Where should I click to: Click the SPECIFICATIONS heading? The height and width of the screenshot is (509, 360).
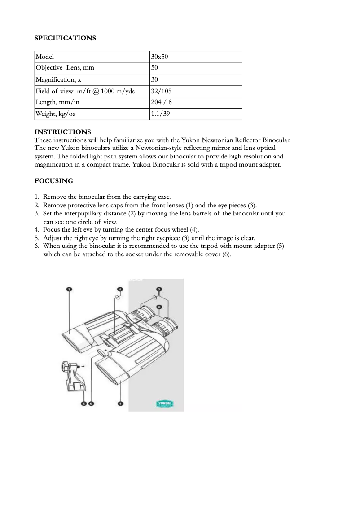click(x=65, y=38)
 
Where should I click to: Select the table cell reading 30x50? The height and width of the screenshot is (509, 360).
click(x=160, y=57)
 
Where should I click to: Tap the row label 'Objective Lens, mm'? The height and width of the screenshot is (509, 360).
click(x=65, y=68)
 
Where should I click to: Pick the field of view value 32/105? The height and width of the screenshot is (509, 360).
click(x=162, y=91)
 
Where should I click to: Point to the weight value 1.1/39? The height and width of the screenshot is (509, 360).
click(x=161, y=114)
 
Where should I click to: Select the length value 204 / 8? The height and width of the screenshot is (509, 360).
click(x=162, y=102)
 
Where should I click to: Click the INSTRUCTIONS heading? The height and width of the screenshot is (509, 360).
click(x=63, y=132)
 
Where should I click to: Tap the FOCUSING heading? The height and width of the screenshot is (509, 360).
click(x=54, y=181)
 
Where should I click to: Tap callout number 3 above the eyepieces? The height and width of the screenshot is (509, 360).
click(x=159, y=289)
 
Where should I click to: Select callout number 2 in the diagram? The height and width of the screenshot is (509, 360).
click(x=159, y=307)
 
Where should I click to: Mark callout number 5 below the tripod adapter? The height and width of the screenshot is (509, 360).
click(x=83, y=404)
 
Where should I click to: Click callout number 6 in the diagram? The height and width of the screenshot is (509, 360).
click(x=91, y=404)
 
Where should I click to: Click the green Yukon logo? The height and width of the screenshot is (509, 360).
click(x=165, y=404)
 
